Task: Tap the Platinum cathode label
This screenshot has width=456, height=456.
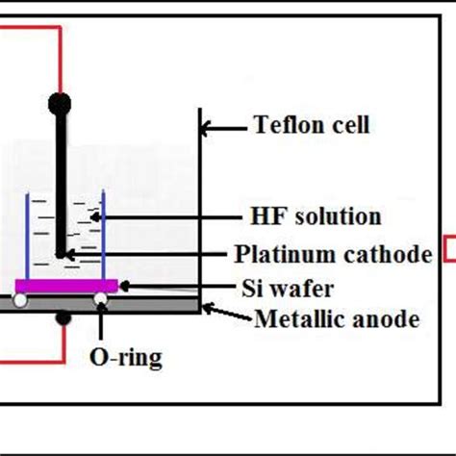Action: coord(333,254)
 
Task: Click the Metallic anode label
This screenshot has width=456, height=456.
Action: coord(336,317)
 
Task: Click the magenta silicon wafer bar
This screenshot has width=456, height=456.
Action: coord(66,285)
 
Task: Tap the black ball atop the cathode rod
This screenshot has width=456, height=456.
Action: coord(61,101)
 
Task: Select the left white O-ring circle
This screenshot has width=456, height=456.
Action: coord(18,301)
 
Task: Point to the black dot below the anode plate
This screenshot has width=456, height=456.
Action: coord(63,317)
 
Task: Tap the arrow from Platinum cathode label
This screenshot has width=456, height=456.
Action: coord(144,255)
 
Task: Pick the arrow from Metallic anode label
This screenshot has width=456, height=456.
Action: coord(226,314)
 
